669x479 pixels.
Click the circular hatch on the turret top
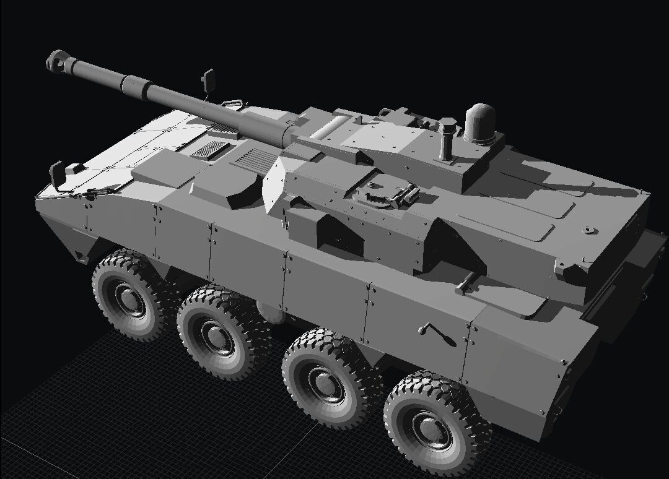point(379,193)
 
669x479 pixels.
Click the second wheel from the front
point(217,333)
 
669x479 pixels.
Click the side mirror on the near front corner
point(56,175)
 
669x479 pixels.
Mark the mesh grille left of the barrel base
point(208,149)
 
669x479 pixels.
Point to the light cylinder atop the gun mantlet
point(331,127)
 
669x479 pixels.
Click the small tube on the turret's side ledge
point(466,283)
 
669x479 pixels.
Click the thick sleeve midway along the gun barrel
point(138,85)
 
